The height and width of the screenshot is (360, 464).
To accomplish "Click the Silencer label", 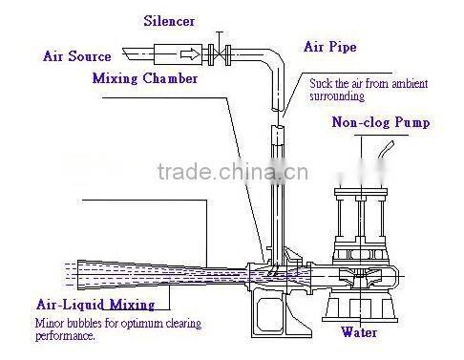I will click(170, 20).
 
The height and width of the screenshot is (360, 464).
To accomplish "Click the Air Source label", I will click(77, 56).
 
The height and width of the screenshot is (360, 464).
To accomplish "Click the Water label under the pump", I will click(360, 333).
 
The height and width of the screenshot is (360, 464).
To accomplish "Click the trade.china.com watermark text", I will click(229, 173).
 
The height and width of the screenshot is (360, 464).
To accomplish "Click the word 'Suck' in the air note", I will click(319, 83).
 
